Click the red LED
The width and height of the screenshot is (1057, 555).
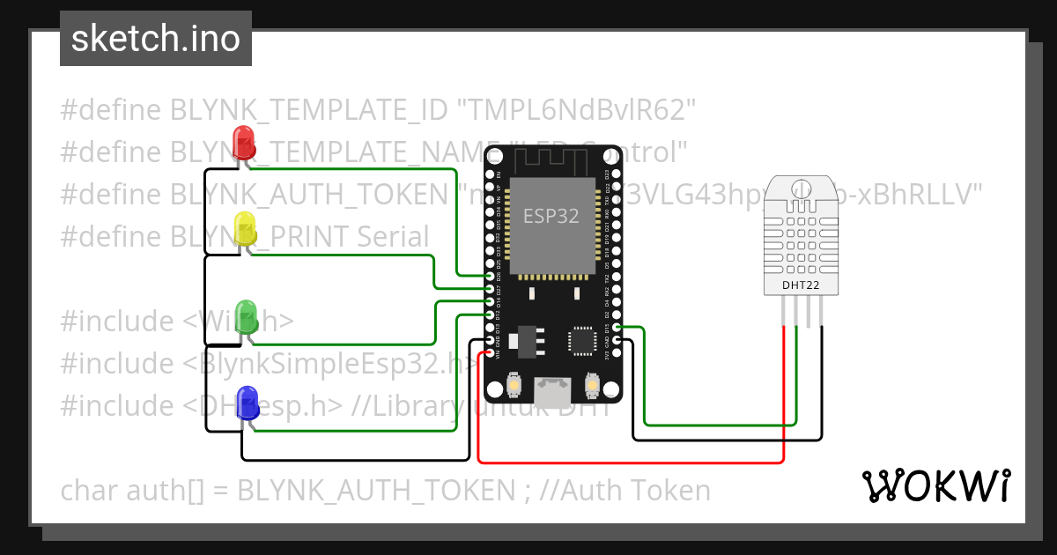click(x=242, y=143)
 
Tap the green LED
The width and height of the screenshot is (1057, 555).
click(x=247, y=316)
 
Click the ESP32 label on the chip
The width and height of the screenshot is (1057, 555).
click(x=551, y=217)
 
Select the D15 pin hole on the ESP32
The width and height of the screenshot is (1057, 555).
click(x=617, y=328)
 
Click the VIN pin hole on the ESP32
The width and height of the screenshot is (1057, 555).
click(x=490, y=353)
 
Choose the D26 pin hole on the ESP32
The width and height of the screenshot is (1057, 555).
click(x=490, y=277)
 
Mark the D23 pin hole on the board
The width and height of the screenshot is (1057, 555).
click(x=617, y=175)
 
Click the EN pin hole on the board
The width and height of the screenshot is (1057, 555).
click(x=490, y=175)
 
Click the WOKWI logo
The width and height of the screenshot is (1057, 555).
click(x=935, y=486)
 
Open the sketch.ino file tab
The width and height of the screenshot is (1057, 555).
click(x=156, y=39)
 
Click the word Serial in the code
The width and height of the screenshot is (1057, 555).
click(x=393, y=237)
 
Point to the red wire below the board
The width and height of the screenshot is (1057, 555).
click(x=630, y=461)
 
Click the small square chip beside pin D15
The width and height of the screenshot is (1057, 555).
click(x=582, y=341)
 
